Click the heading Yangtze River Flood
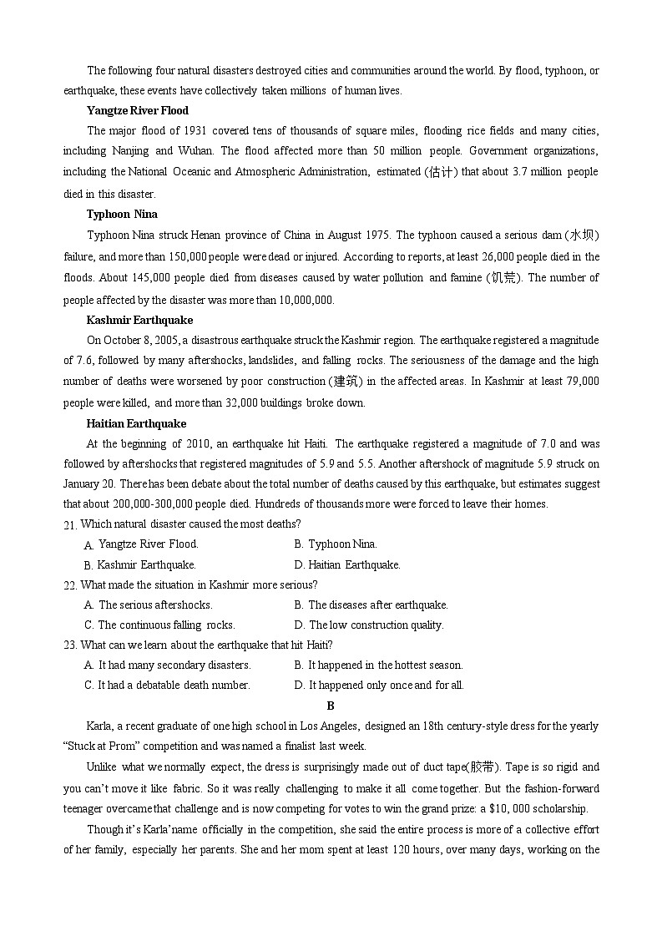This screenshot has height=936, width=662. (137, 110)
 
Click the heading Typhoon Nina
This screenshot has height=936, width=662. (122, 215)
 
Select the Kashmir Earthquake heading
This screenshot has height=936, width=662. (139, 320)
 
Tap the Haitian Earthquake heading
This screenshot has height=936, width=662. (136, 423)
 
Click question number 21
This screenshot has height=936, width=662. (70, 524)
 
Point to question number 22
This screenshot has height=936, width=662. (70, 585)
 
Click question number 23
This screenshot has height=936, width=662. (70, 645)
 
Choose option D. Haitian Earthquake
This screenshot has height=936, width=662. (347, 564)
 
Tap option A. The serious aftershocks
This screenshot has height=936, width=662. (149, 605)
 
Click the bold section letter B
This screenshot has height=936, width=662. (331, 706)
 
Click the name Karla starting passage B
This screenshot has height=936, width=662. (99, 726)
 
